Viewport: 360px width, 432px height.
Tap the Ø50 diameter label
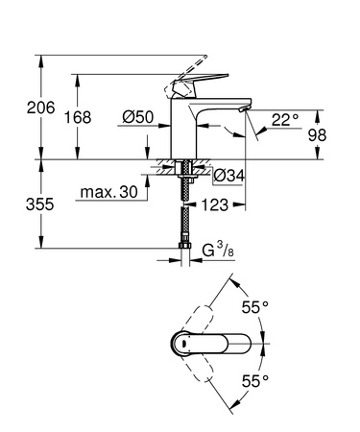[139, 116]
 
